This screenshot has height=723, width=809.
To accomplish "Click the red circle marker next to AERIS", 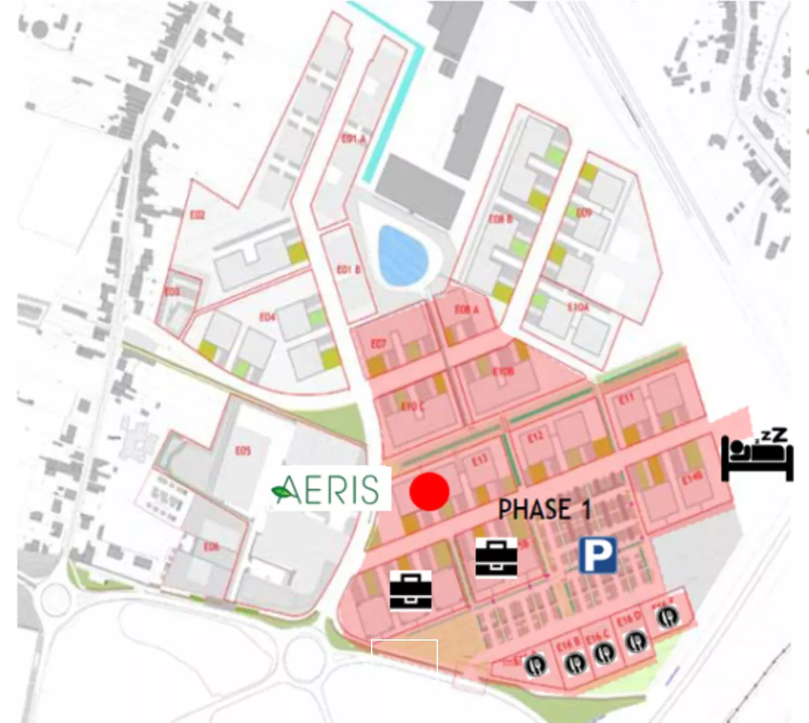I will point(429,491).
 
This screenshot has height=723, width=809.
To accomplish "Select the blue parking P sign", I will point(597,555).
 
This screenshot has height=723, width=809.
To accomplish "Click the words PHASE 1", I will point(544,509).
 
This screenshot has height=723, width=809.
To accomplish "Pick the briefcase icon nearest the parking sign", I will point(496,558).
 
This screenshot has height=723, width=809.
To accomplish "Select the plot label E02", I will point(197,215).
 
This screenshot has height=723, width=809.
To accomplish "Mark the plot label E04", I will point(267,317).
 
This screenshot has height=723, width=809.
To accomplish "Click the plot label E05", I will point(242,451).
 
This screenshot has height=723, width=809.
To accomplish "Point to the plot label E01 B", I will point(348,270).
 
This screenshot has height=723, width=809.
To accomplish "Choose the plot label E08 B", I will point(500,219).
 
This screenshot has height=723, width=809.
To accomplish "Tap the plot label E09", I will point(583,213).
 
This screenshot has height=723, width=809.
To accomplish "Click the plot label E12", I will point(535,437).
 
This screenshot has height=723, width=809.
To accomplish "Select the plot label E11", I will point(626,399).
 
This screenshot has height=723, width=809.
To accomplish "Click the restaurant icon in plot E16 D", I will point(636,641).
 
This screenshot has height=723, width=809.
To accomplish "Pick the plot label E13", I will point(480,460).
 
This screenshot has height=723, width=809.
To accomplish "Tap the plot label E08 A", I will point(467,309).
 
